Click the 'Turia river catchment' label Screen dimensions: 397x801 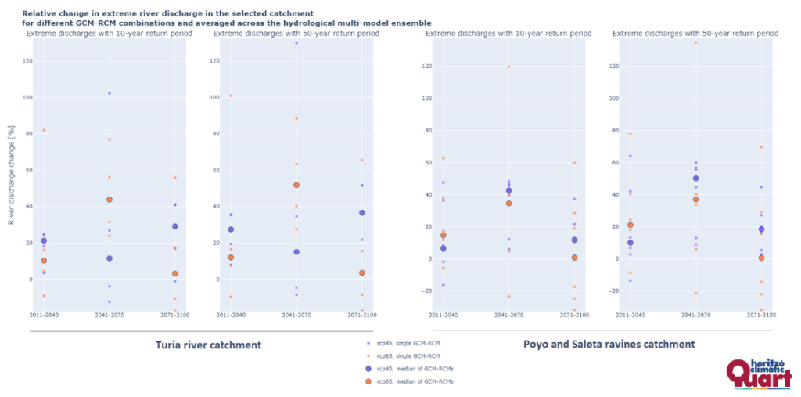[208, 345]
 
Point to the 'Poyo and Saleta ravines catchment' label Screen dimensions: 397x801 [609, 344]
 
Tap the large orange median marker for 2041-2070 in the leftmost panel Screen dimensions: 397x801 [110, 200]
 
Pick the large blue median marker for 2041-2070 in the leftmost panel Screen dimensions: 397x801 [110, 258]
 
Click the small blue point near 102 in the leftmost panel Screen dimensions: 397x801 [110, 93]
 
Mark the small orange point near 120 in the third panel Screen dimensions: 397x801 [509, 67]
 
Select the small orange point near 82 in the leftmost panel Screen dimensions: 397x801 [44, 130]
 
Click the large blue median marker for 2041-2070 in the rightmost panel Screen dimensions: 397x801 [696, 179]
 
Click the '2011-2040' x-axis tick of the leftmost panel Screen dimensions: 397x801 [44, 315]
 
